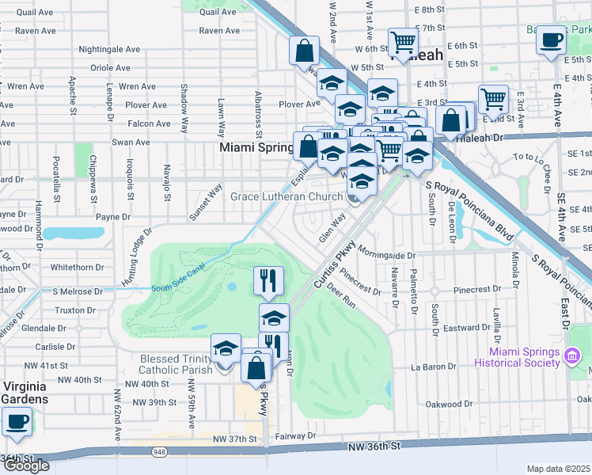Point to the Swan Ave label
[131, 142]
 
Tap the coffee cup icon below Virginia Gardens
[17, 422]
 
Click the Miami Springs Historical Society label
[517, 357]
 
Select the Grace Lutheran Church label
[286, 196]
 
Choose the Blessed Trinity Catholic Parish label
[176, 364]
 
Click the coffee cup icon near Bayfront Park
[551, 39]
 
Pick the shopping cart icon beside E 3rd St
[493, 100]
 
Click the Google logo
[27, 465]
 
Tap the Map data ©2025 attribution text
[559, 469]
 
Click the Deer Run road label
[342, 296]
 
